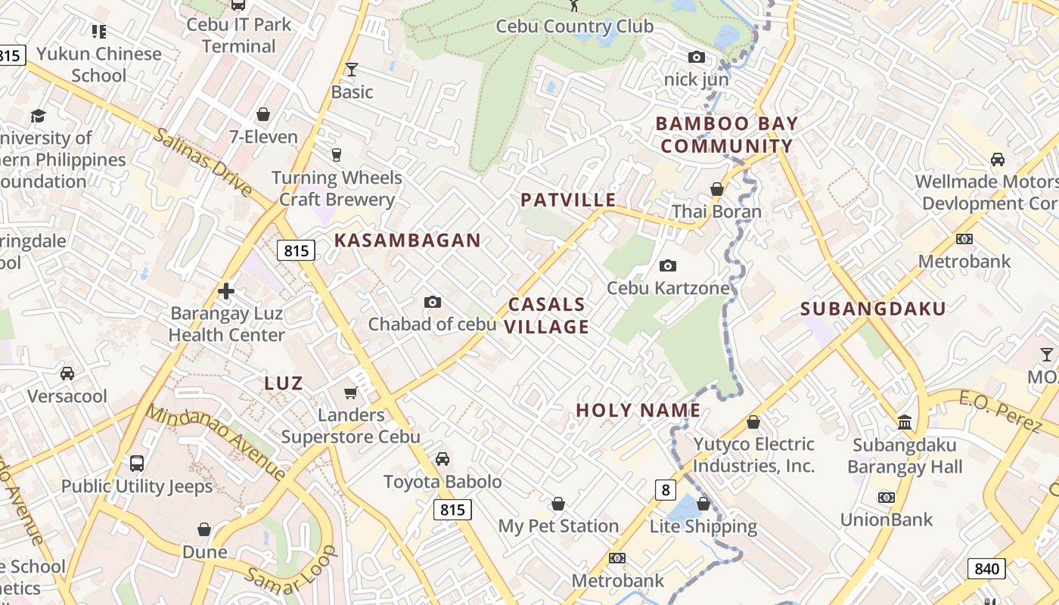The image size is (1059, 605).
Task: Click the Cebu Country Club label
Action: point(574,26)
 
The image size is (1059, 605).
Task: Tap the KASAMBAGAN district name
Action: point(408,240)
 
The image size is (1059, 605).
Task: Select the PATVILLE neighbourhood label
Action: point(568,200)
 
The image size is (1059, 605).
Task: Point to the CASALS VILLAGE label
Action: point(547,315)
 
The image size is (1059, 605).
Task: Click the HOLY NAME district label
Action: point(638,410)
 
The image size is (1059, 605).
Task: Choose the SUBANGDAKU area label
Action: point(873,309)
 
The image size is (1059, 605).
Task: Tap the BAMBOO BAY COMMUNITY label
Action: point(725,135)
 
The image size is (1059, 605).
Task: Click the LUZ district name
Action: point(284,383)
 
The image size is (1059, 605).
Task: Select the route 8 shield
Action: point(665,490)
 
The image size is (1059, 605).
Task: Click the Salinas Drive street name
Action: point(202,161)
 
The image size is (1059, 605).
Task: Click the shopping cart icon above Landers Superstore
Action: point(351,392)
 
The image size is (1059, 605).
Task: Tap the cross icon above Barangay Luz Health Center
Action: point(226,290)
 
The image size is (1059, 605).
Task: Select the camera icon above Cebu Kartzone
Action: point(668,265)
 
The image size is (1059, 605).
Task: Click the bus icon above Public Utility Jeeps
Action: point(137,464)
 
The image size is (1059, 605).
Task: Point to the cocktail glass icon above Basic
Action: point(352,70)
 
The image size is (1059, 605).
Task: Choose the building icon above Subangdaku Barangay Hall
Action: point(905,422)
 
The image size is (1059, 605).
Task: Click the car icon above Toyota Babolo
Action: point(443,459)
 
